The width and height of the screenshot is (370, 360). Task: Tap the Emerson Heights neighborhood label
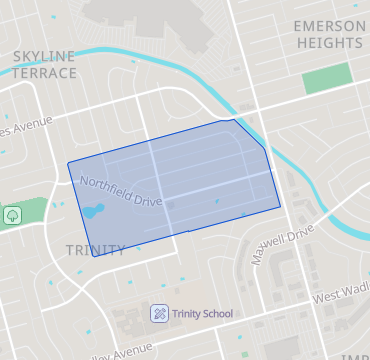pyautogui.click(x=329, y=34)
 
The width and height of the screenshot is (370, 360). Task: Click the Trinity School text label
pyautogui.click(x=202, y=314)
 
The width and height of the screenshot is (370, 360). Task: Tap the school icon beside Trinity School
pyautogui.click(x=158, y=314)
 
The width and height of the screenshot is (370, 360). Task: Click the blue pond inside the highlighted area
pyautogui.click(x=92, y=211)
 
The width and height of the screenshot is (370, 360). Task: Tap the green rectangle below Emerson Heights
pyautogui.click(x=328, y=78)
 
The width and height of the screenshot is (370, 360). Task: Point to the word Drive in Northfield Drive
pyautogui.click(x=145, y=197)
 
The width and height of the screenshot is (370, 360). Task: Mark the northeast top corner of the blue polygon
pyautogui.click(x=235, y=120)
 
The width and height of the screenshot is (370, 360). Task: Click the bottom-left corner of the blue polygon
pyautogui.click(x=95, y=257)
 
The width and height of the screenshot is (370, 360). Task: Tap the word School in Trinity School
pyautogui.click(x=216, y=314)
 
